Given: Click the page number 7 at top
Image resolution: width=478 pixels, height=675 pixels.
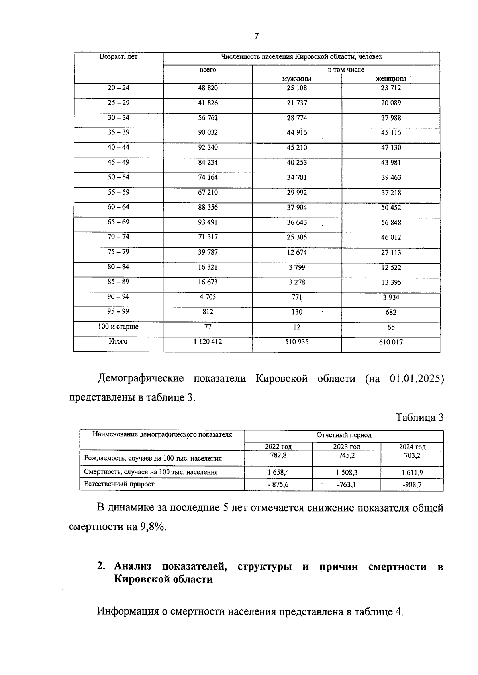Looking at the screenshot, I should [256, 36].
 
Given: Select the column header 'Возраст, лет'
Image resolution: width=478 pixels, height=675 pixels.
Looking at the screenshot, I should [118, 57].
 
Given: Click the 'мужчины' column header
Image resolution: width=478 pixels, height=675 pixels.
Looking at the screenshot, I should [296, 79].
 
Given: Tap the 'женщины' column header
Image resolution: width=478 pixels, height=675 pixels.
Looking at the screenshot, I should [390, 79].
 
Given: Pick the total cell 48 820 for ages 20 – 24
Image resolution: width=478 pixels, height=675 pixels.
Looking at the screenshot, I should [208, 88].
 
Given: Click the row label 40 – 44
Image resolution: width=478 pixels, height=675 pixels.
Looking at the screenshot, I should [118, 148].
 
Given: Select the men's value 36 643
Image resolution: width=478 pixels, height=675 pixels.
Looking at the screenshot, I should [296, 222].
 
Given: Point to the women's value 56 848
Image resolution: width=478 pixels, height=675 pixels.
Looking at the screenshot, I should [390, 223].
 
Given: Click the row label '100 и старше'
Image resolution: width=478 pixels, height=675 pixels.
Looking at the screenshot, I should [118, 327].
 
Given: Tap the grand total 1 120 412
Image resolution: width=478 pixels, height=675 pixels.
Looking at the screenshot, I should [208, 342].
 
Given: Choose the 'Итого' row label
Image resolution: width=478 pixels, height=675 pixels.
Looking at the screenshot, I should [118, 342].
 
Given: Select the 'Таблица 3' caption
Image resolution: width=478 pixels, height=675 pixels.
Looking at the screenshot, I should [419, 418].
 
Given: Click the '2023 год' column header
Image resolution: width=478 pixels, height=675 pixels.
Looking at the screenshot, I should [346, 447].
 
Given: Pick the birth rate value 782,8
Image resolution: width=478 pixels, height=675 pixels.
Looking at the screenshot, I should [278, 456].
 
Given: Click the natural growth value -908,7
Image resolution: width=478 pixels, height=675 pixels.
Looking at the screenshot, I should [412, 484].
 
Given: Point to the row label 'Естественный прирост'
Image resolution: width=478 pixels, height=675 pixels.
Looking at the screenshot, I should [119, 484].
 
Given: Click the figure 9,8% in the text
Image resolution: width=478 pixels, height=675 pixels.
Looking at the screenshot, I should [152, 527].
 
